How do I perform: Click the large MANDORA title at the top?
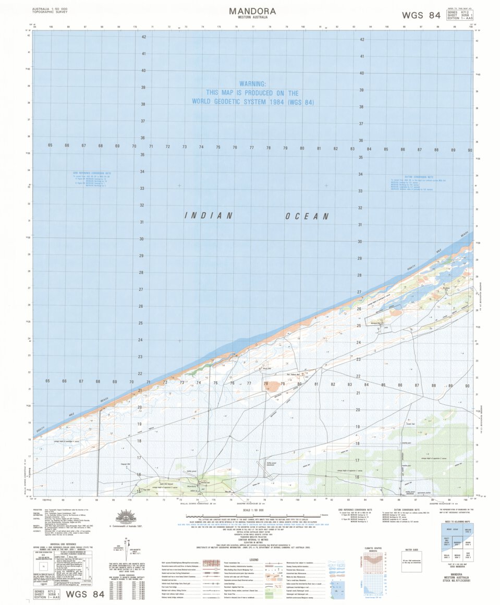click(252, 11)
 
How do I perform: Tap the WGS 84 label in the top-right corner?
click(421, 15)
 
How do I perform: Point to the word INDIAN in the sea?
click(209, 215)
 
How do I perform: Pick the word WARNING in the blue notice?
click(252, 83)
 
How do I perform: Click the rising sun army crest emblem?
click(126, 516)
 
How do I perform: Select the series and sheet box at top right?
click(459, 15)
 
